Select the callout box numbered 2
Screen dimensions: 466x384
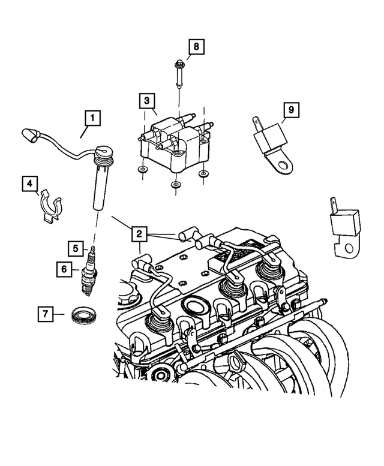click(139, 233)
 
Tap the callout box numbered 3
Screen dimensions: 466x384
click(147, 101)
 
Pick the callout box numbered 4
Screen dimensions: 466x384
click(31, 184)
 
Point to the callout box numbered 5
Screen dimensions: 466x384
click(75, 246)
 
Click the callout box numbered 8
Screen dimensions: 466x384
click(195, 46)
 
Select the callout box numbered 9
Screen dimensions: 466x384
click(290, 110)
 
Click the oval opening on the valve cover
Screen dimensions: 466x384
click(195, 306)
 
